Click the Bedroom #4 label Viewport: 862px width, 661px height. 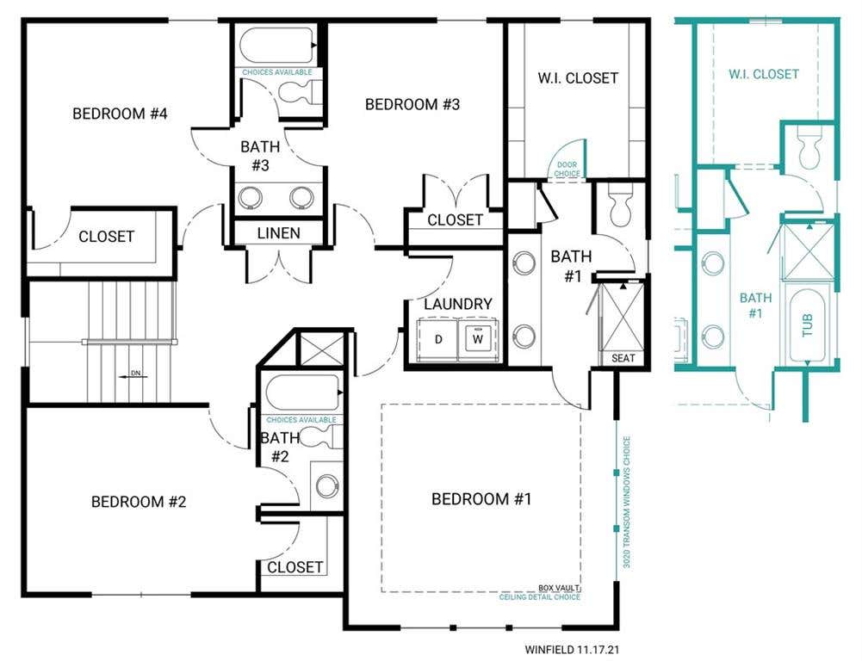pyautogui.click(x=120, y=114)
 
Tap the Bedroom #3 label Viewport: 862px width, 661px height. pyautogui.click(x=412, y=104)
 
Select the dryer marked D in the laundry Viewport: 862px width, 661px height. pyautogui.click(x=438, y=340)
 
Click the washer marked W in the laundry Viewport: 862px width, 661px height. pyautogui.click(x=478, y=340)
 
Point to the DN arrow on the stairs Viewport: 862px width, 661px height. pyautogui.click(x=130, y=376)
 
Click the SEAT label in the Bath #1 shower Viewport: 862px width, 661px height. pyautogui.click(x=623, y=358)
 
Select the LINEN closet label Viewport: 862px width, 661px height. pyautogui.click(x=279, y=233)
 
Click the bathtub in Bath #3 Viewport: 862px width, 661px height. pyautogui.click(x=276, y=46)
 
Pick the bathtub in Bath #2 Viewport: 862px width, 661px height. pyautogui.click(x=301, y=392)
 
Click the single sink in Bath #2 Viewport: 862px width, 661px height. pyautogui.click(x=327, y=485)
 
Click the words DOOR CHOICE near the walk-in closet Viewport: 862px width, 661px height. pyautogui.click(x=567, y=170)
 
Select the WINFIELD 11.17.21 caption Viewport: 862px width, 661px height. pyautogui.click(x=572, y=650)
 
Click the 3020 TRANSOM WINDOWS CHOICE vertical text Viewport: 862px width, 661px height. pyautogui.click(x=627, y=502)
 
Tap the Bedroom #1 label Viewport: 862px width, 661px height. pyautogui.click(x=481, y=499)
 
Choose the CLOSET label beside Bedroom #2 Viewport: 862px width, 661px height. pyautogui.click(x=295, y=567)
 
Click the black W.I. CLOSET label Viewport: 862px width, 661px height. pyautogui.click(x=578, y=78)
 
